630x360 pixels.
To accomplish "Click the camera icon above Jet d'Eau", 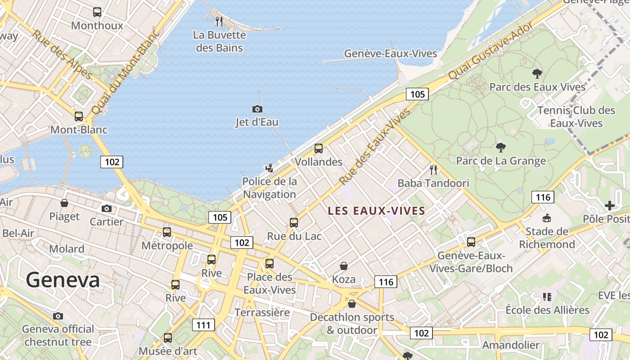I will point(257,109).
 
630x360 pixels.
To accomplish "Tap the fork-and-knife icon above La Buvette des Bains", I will point(219,21).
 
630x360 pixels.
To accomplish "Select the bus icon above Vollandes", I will point(319,148).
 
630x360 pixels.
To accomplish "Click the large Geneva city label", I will point(63,280).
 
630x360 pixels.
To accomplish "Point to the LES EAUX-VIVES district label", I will point(377,211).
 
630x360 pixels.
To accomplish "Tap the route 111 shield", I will point(203,325).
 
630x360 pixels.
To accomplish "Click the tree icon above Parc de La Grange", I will point(500,147).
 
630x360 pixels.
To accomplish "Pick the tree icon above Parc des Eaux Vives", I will point(537,73).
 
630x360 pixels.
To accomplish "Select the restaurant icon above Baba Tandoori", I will point(433,170).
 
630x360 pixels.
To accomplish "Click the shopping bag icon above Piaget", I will point(64,203).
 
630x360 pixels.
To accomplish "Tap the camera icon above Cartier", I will point(107,208).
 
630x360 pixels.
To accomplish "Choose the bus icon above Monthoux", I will point(97,12).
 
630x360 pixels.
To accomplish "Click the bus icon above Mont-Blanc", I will point(79,117).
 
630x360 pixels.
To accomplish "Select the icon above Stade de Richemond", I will point(547,218).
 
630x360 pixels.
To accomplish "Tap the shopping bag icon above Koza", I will point(344,266).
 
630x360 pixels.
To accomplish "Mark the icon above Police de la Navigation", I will point(269,168).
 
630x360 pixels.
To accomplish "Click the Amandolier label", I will point(511,345).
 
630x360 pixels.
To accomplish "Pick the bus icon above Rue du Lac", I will point(294,222).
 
